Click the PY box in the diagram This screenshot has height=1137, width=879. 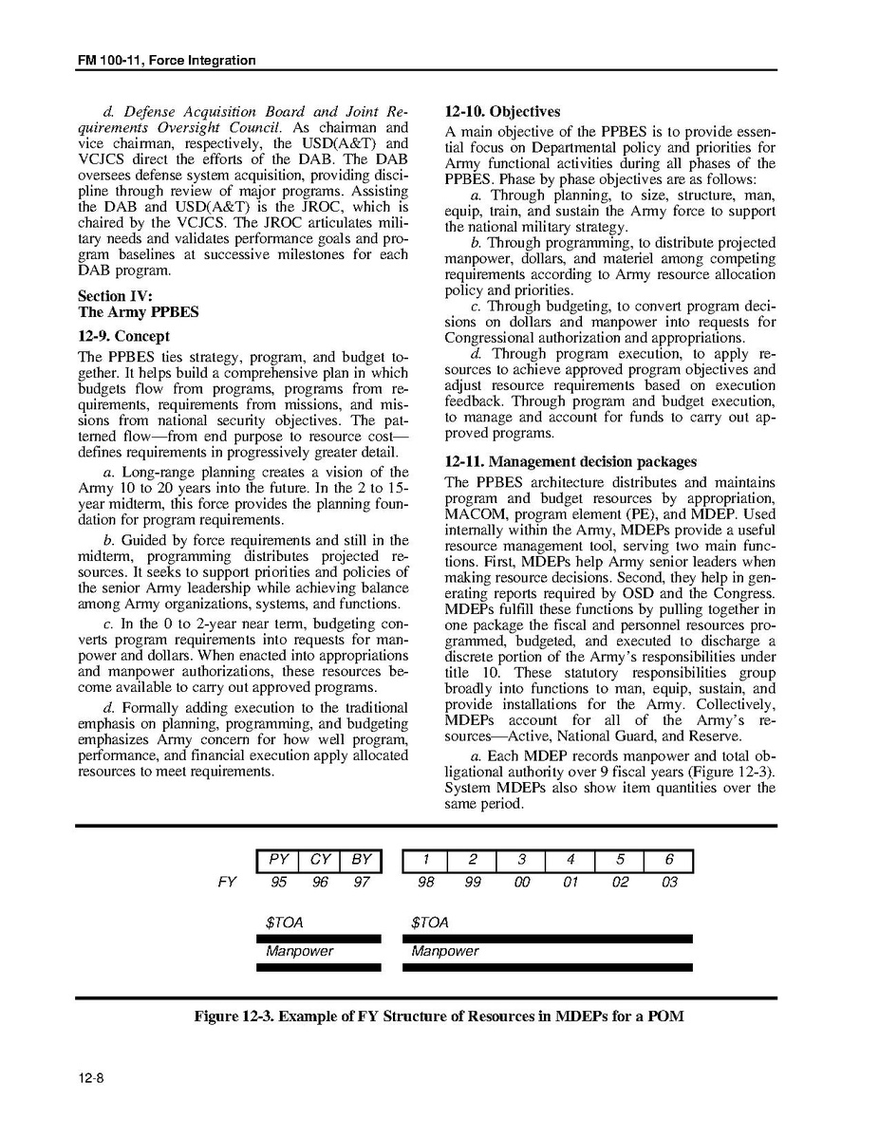coord(278,861)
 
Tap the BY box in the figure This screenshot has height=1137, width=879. coord(361,861)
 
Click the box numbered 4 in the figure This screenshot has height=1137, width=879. coord(570,861)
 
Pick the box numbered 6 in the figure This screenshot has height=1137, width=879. coord(668,861)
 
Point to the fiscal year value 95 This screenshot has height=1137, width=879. coord(278,883)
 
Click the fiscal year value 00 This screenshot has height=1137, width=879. coord(521,883)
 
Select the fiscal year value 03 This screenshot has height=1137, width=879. coord(668,883)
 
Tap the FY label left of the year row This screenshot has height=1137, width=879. coord(226,883)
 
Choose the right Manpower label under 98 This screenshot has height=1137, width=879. coord(445,951)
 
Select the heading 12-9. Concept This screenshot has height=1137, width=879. coord(124,336)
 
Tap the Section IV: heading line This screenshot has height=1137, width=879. coord(114,296)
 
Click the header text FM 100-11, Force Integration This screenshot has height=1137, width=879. coord(167,61)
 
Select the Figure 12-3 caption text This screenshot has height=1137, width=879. coord(439,1016)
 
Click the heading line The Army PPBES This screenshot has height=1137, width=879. coord(138,312)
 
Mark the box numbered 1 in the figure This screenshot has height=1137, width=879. coord(427,861)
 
